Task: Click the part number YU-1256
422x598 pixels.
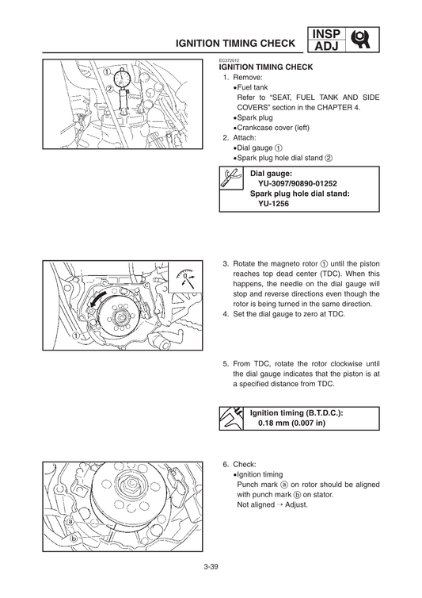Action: coord(273,203)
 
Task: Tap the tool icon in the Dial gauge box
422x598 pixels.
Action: coord(231,181)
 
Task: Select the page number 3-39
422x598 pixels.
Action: coord(211,566)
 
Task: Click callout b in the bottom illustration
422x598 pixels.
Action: coord(74,537)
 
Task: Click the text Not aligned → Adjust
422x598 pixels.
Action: coord(272,504)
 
